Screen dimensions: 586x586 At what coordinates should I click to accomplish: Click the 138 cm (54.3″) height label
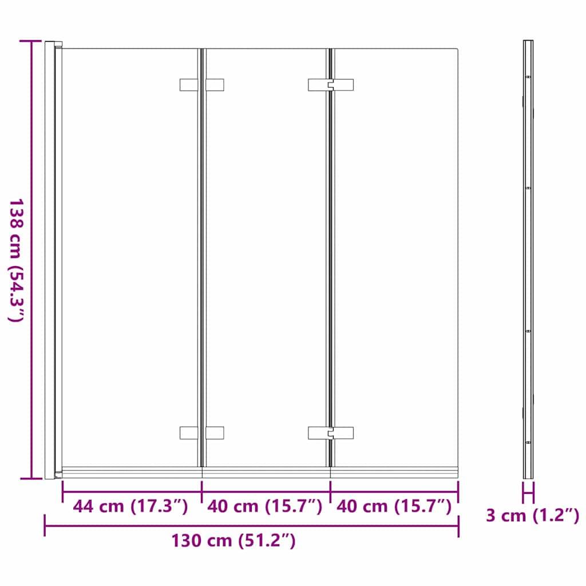[15, 260]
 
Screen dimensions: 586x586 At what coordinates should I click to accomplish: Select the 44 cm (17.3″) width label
[131, 506]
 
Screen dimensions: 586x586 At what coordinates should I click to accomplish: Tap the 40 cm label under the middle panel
[265, 506]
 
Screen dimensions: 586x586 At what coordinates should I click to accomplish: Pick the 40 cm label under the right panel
[394, 506]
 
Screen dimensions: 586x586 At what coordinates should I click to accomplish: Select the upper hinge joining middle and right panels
[331, 85]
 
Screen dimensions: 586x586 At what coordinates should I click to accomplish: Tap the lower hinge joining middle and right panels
[331, 433]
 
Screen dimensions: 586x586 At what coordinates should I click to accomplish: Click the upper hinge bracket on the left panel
[189, 85]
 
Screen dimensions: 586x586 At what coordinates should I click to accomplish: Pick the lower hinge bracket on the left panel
[189, 433]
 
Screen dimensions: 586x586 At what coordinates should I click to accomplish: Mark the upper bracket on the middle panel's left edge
[215, 85]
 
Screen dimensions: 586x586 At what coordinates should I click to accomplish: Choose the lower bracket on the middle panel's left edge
[215, 433]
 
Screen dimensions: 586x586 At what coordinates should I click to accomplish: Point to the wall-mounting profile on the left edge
[50, 260]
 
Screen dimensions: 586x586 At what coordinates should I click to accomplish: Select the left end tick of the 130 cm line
[45, 525]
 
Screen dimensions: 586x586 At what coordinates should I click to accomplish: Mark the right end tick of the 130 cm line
[458, 525]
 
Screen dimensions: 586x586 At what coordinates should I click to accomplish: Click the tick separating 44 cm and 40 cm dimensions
[202, 491]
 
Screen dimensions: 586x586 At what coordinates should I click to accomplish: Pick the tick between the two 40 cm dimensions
[331, 491]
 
